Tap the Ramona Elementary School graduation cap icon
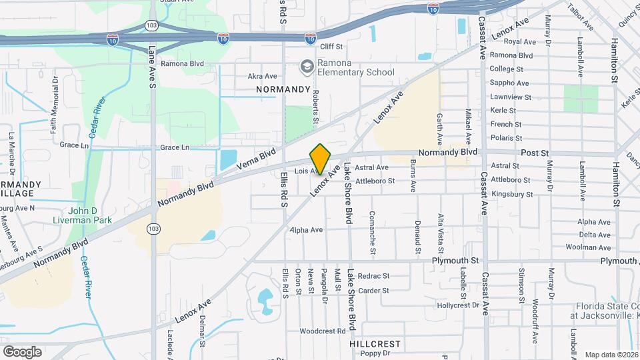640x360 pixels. tap(307, 67)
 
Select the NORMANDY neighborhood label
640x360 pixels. tap(283, 89)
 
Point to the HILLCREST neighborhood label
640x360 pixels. tap(375, 344)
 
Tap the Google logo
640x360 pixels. tap(22, 351)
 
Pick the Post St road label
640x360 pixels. tap(535, 152)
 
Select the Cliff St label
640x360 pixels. tap(331, 47)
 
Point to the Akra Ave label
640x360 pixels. tap(262, 76)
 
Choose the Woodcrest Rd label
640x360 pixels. tap(323, 331)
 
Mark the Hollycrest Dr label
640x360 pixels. tap(458, 305)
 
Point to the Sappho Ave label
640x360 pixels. tap(509, 83)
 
